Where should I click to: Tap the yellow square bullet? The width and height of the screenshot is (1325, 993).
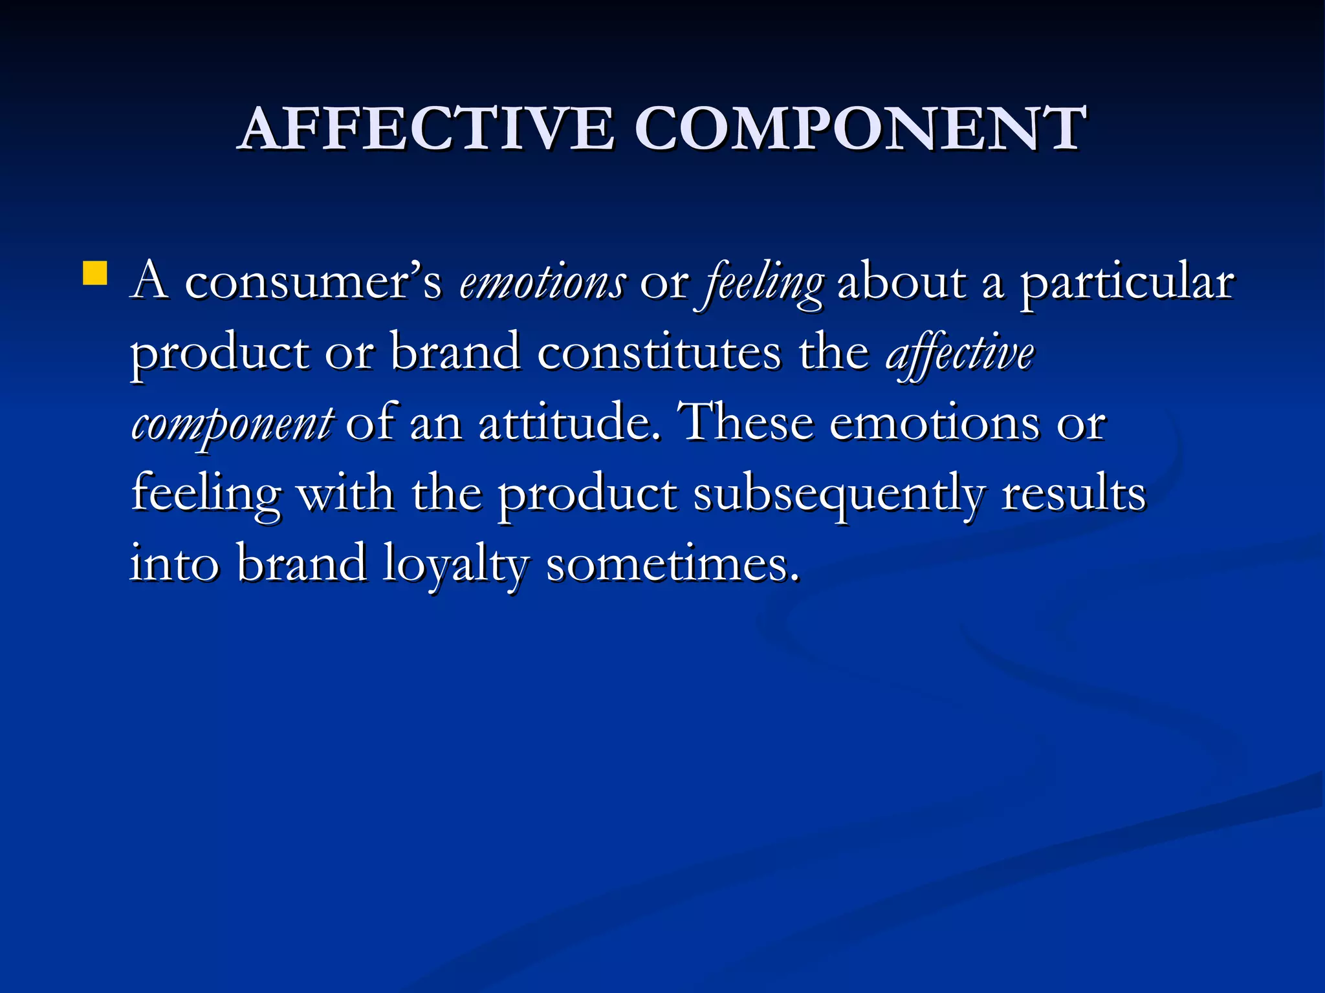coord(95,273)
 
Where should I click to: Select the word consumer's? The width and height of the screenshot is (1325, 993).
coord(313,283)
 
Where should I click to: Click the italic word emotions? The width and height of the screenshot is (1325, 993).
coord(542,283)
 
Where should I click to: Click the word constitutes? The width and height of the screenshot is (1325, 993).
coord(659,353)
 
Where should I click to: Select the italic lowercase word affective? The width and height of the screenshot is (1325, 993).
coord(959,354)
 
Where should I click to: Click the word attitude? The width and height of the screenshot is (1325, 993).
coord(569,423)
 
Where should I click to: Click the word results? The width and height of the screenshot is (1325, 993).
coord(1073,494)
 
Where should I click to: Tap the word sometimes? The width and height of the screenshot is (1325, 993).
coord(673,564)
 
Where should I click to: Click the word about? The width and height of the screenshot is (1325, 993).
coord(902,283)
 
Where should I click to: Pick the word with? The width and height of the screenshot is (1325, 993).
coord(345,494)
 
